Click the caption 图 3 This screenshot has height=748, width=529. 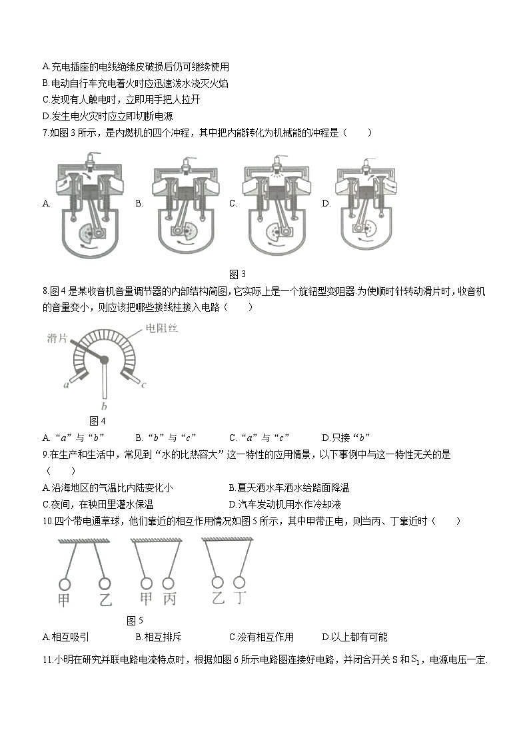238,274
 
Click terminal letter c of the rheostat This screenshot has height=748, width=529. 143,385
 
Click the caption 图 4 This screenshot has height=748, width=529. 97,421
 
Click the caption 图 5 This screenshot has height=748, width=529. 135,621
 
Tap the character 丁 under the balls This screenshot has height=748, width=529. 242,597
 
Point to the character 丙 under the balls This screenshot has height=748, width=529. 169,599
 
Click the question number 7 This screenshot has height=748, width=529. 45,133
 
